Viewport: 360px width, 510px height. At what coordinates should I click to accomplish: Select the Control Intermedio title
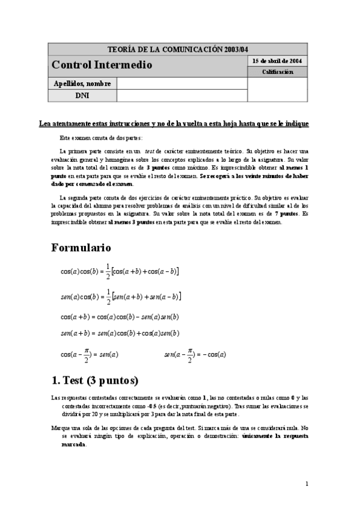click(x=102, y=65)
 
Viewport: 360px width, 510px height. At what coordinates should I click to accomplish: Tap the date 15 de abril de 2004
click(x=277, y=61)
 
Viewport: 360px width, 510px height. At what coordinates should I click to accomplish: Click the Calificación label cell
click(x=277, y=72)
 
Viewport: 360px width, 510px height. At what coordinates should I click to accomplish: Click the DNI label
click(x=83, y=95)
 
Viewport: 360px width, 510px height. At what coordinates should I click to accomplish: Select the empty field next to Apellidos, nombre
click(x=182, y=84)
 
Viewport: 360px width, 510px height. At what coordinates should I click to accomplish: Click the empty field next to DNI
click(x=182, y=95)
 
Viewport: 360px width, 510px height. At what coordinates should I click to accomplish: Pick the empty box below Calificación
click(x=277, y=89)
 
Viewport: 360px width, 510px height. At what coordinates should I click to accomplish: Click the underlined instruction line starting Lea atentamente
click(x=174, y=123)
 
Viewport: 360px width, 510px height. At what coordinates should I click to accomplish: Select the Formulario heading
click(x=81, y=247)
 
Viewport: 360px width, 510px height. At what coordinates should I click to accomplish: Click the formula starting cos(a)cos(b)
click(x=120, y=272)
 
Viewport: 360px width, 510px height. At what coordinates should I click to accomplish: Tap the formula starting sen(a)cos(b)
click(x=121, y=296)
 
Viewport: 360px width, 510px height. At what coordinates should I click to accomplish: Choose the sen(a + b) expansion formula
click(x=120, y=333)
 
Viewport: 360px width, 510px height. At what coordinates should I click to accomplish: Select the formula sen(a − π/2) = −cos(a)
click(x=195, y=354)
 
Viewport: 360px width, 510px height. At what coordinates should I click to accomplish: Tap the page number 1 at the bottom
click(x=307, y=483)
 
